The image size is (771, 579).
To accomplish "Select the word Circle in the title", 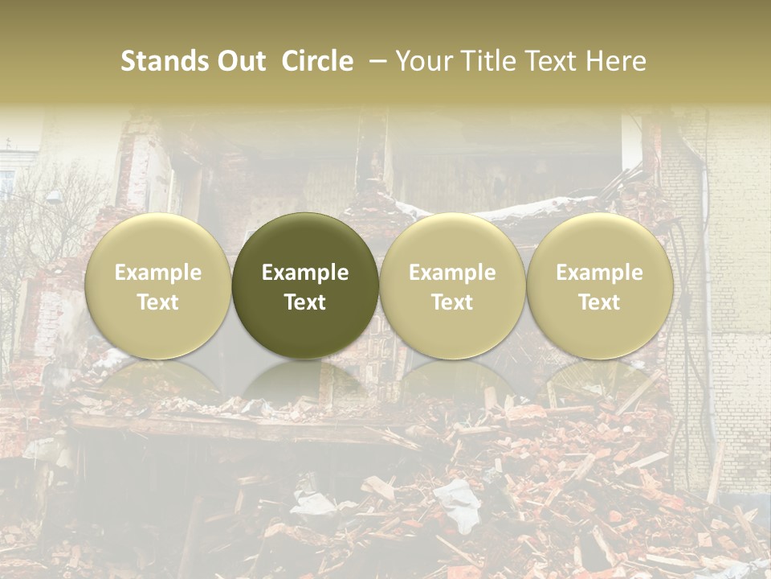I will [x=317, y=61].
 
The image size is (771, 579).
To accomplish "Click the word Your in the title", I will [x=423, y=61].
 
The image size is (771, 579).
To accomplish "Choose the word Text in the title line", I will [x=553, y=61].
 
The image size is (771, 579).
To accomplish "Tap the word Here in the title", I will [x=617, y=61].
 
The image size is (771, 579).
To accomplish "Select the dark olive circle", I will [x=305, y=285].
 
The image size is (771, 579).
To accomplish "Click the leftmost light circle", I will [x=158, y=285].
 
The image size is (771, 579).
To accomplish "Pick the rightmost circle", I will [x=600, y=285].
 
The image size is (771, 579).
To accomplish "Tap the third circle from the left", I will [x=452, y=285].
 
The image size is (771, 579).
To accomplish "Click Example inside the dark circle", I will [x=305, y=273].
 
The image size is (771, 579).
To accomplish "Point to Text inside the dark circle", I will [x=305, y=302].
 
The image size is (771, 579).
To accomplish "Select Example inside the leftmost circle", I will [x=158, y=273].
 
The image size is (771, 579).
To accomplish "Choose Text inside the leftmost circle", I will [x=158, y=302].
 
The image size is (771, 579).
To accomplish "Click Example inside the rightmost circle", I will [x=600, y=273].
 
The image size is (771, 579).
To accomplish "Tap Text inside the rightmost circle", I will [x=600, y=302].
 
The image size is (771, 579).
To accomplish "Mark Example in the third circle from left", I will [x=452, y=273].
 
